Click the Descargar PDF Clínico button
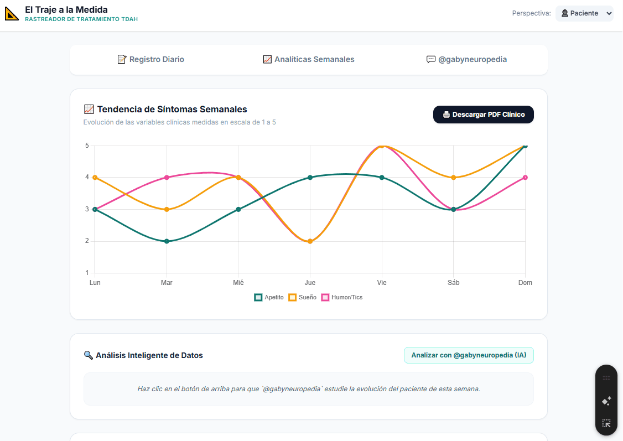coord(483,115)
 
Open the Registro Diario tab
coord(151,59)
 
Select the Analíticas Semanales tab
coord(309,59)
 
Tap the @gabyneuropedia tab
coord(466,59)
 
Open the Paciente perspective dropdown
coord(584,13)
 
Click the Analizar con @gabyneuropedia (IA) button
coord(469,355)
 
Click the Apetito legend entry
coord(269,297)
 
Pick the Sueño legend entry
coord(303,297)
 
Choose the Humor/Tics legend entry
coord(342,297)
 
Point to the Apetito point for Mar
coord(167,241)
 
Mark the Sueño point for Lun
coord(95,177)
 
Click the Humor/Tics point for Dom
coord(525,177)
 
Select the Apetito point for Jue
coord(310,177)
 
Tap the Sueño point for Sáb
coord(453,177)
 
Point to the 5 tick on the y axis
coord(87,146)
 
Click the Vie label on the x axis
coord(382,283)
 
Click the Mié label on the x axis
coord(238,283)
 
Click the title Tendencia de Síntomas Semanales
coord(172,109)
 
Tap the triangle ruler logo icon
coord(12,13)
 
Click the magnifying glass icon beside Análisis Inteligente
coord(88,355)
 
